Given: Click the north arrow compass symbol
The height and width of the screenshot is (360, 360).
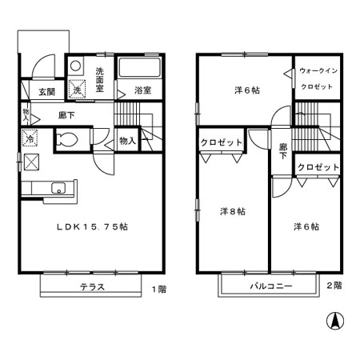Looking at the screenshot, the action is (x=335, y=321).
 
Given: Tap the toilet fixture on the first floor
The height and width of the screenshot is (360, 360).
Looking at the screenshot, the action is (x=67, y=139).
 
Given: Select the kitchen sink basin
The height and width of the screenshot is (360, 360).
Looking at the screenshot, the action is (x=58, y=188).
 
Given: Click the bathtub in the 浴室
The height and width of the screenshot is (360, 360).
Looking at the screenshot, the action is (x=139, y=67).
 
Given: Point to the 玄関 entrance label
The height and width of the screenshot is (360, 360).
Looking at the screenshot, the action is (x=47, y=92).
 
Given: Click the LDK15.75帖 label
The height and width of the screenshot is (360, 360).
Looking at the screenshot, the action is (x=92, y=227).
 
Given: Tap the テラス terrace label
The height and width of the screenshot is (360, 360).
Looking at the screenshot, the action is (x=92, y=287).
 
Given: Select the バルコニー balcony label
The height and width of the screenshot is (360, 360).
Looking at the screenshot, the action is (x=271, y=286).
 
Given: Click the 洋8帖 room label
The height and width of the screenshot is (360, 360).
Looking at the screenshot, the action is (x=233, y=211).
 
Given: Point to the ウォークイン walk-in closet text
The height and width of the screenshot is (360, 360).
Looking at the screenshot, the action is (x=318, y=71).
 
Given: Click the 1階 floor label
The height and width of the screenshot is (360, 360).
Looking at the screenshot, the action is (x=159, y=289).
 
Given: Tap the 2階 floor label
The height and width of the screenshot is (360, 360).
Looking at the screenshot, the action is (x=334, y=286).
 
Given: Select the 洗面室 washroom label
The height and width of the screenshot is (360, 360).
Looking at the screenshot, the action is (x=100, y=79).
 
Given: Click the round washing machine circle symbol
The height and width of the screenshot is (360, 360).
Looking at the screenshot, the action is (x=76, y=66).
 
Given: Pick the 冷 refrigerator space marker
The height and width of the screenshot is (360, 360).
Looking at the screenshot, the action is (x=30, y=138).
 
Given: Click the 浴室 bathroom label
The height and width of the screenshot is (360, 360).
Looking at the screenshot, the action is (x=143, y=90).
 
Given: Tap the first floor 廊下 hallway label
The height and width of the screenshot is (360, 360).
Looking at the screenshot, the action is (x=66, y=115).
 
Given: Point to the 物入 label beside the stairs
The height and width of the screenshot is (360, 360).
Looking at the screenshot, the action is (x=127, y=141).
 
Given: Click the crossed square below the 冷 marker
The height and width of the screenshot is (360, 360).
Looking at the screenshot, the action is (x=32, y=162).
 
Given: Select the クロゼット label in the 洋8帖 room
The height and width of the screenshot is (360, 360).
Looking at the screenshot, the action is (x=222, y=142).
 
